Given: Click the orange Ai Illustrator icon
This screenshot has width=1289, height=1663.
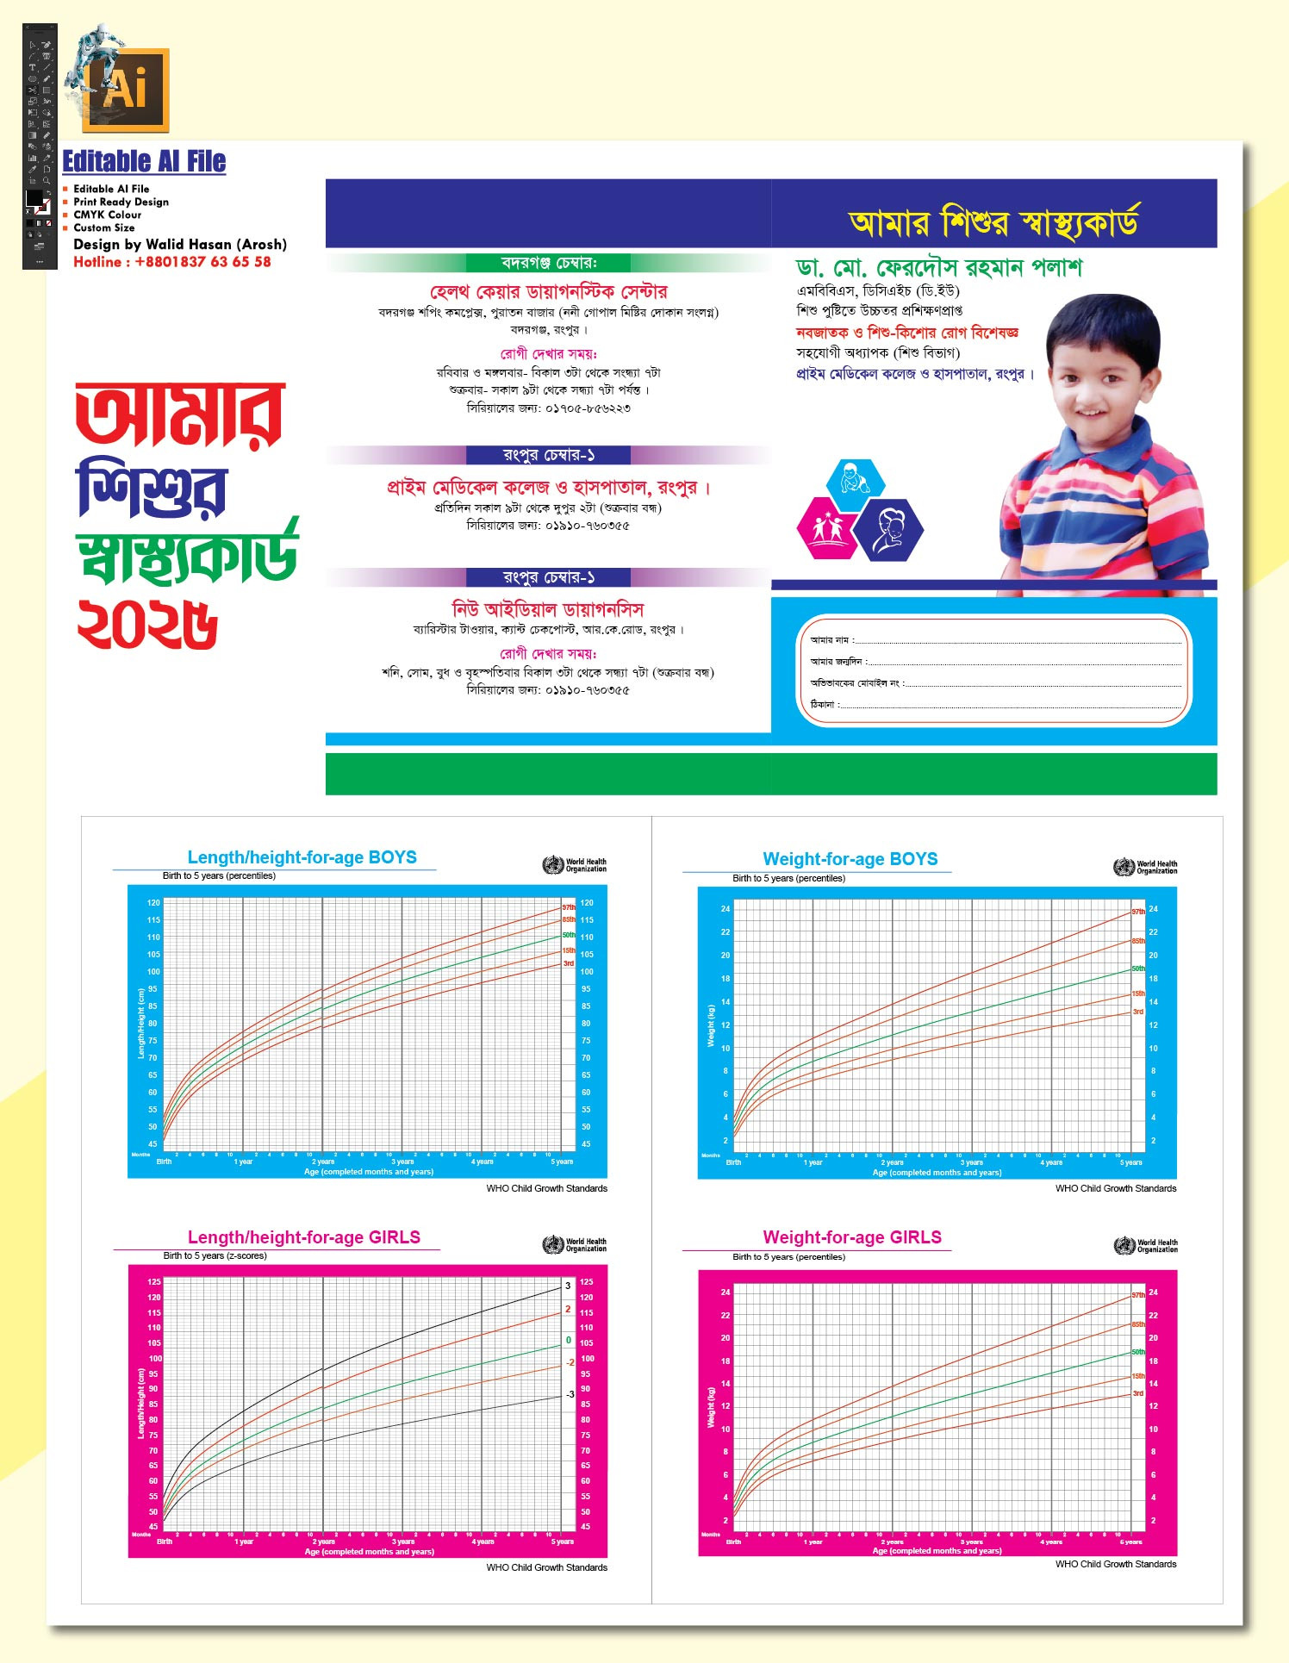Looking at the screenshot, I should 127,90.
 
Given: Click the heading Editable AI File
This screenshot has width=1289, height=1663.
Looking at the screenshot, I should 144,161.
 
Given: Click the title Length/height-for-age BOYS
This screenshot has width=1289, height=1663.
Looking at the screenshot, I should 302,857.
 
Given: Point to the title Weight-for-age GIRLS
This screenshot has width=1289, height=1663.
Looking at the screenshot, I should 851,1237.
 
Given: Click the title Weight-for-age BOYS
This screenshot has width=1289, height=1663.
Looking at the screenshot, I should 850,859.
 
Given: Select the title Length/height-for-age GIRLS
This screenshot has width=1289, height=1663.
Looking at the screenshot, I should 303,1237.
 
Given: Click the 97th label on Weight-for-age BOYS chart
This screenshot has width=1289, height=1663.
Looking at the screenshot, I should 1138,912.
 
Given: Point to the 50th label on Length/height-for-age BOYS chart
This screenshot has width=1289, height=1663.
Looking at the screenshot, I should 569,935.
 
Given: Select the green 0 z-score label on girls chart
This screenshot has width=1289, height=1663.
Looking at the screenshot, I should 569,1340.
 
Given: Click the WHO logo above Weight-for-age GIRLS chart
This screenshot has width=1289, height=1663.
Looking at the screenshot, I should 1124,1245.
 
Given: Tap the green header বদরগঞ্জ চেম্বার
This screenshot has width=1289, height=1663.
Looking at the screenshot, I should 548,263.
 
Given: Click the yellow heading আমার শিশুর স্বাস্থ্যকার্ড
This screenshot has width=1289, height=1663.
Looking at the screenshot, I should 993,222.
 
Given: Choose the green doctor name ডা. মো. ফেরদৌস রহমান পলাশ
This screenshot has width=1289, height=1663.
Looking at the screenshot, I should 938,268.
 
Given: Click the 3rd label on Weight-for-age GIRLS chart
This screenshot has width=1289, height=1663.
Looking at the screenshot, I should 1138,1392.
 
